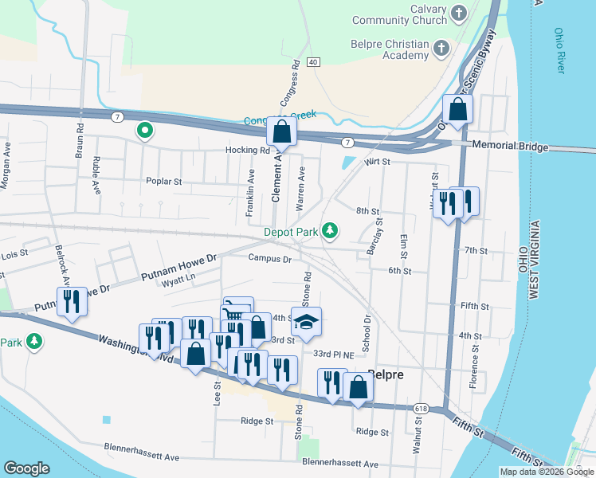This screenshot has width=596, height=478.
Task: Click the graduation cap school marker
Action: point(306,322)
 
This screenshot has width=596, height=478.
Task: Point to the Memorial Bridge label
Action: point(510,147)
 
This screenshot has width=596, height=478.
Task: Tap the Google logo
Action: point(27,468)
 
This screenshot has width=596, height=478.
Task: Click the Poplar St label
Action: point(164,181)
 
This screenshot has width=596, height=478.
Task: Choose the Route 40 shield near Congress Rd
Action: point(313,61)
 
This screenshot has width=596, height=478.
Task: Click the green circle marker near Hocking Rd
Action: point(144,129)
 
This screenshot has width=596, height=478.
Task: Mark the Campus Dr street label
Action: point(270,258)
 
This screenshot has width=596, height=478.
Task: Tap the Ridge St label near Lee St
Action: point(256,421)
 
